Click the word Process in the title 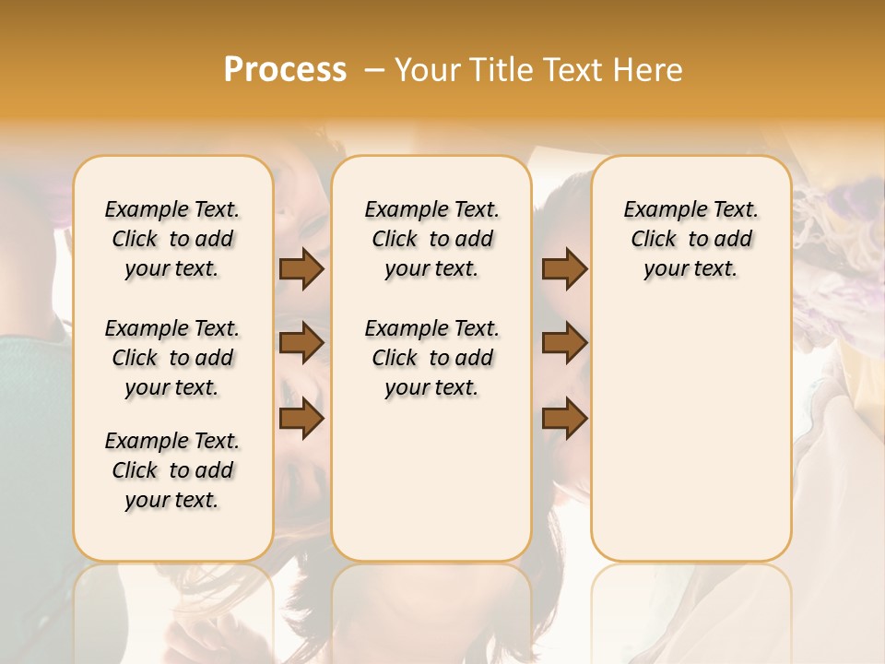[x=285, y=69]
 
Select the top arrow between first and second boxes [x=301, y=269]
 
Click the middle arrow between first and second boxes [x=301, y=343]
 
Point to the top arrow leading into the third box [x=564, y=269]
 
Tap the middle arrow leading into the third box [x=564, y=343]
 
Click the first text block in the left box [x=172, y=239]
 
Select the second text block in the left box [x=172, y=358]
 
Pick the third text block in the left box [x=172, y=470]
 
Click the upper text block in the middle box [x=431, y=239]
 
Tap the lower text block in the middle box [x=431, y=358]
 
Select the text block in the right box [x=690, y=239]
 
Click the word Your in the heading [x=427, y=69]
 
